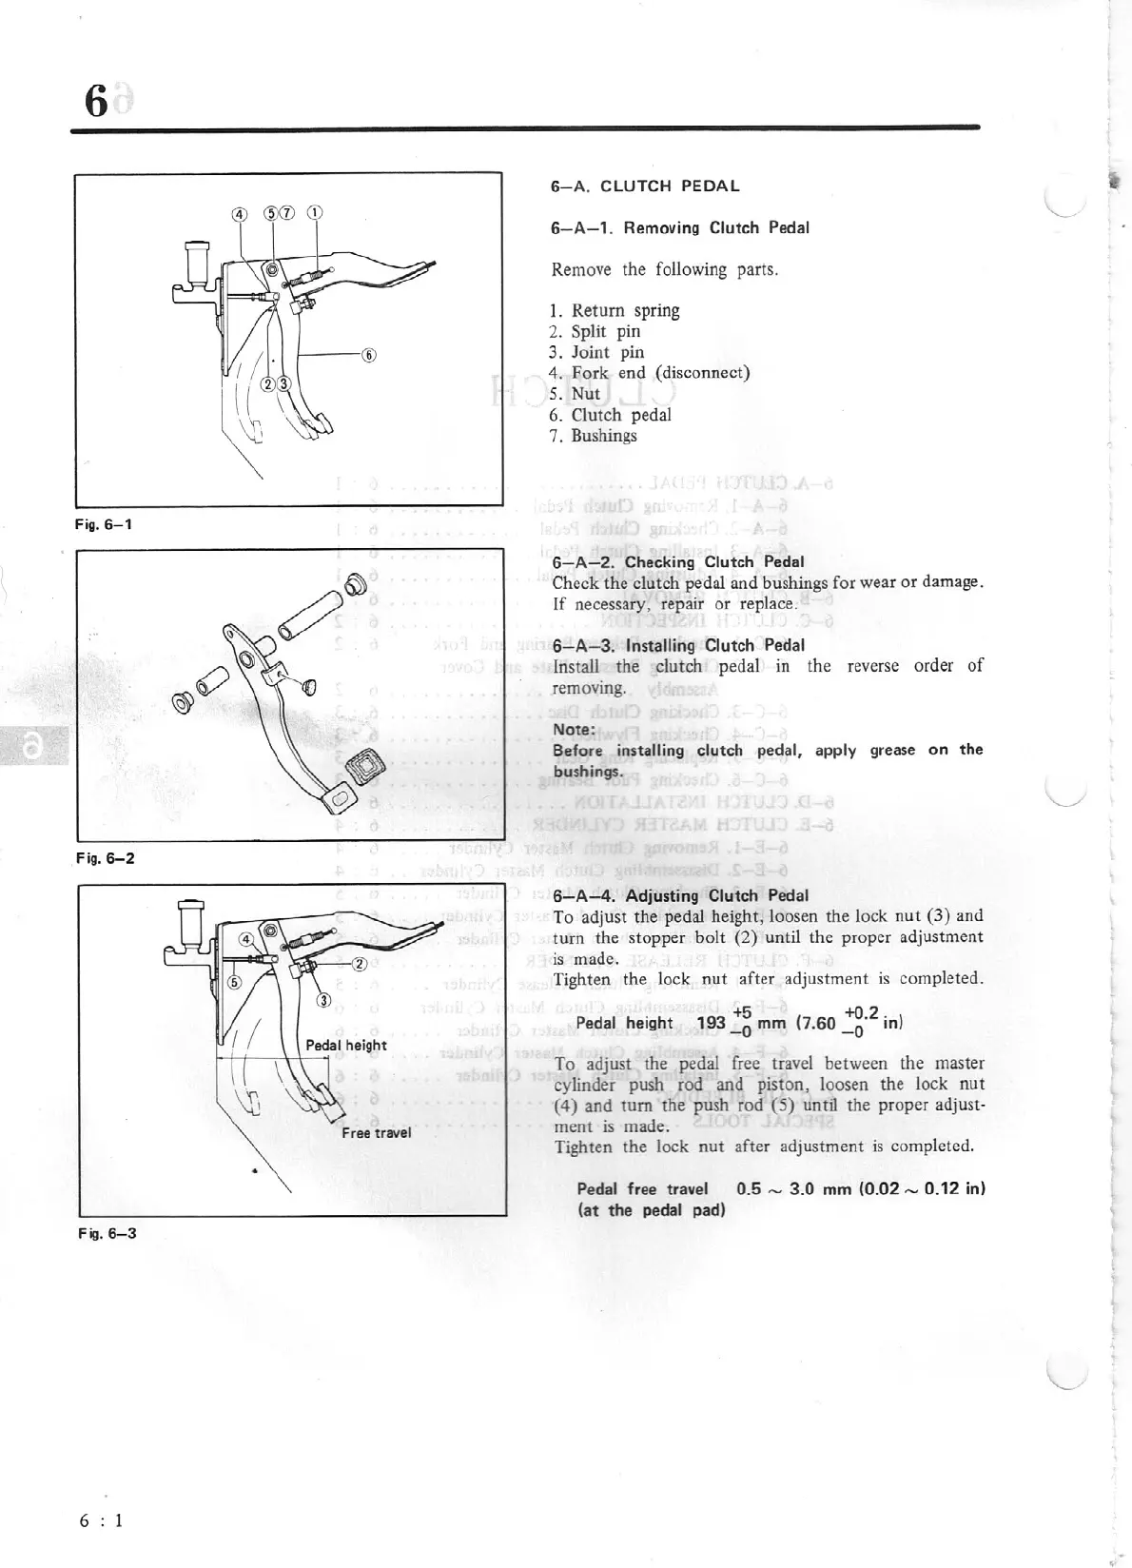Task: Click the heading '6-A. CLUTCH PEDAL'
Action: coord(645,186)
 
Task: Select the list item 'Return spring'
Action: coord(625,310)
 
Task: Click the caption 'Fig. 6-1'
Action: coord(104,524)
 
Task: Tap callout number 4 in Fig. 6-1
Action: coord(240,213)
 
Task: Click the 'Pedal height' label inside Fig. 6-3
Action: coord(346,1045)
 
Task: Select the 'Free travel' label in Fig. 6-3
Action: coord(377,1132)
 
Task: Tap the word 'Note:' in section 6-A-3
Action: coord(574,730)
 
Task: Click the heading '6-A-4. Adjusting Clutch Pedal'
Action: coord(680,895)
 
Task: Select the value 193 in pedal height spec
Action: coord(712,1025)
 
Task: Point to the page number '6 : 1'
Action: coord(102,1519)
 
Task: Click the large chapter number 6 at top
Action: coord(95,101)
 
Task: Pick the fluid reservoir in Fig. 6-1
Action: coord(198,258)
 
